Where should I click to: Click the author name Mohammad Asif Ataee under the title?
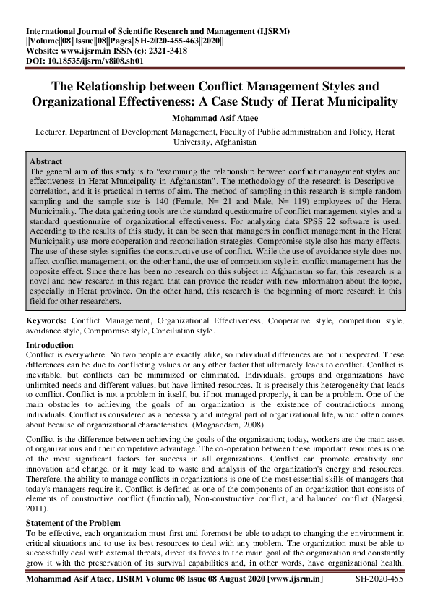pyautogui.click(x=215, y=119)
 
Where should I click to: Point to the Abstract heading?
pyautogui.click(x=46, y=161)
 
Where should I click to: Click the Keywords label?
pyautogui.click(x=46, y=320)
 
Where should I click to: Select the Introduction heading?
pyautogui.click(x=53, y=345)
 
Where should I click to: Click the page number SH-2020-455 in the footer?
pyautogui.click(x=381, y=579)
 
